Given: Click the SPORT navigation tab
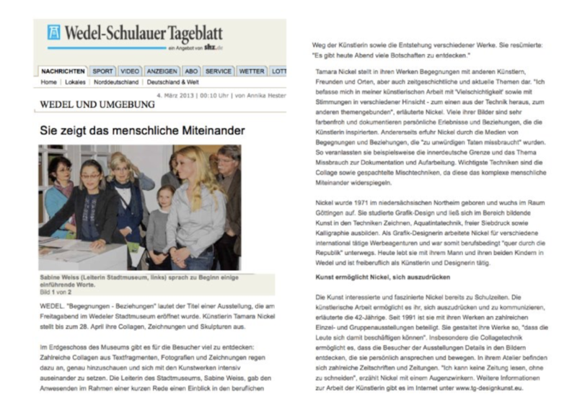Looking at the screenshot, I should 103,71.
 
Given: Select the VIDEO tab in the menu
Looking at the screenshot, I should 130,71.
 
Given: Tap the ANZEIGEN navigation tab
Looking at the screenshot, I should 162,71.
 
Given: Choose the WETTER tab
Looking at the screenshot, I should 252,71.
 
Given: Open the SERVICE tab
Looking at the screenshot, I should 218,71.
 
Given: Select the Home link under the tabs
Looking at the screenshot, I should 49,82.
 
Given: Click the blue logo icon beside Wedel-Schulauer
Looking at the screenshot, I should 54,32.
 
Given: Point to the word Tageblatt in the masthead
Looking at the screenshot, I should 190,33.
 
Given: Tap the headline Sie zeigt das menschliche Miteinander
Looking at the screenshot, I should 142,130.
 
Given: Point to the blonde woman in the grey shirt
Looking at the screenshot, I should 195,209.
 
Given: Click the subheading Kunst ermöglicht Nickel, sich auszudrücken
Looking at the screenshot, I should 372,277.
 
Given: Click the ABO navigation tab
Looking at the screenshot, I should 191,71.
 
